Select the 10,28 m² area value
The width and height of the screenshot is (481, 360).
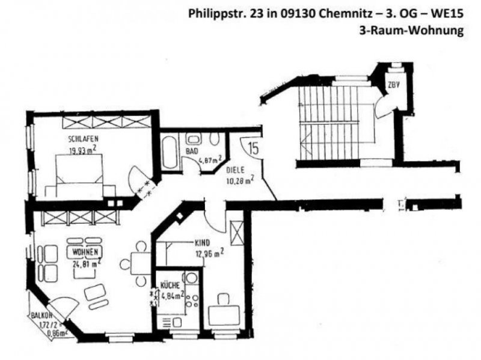click(x=239, y=178)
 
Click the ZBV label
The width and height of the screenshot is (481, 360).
click(x=394, y=85)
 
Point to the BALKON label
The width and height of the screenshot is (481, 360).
click(x=43, y=314)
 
